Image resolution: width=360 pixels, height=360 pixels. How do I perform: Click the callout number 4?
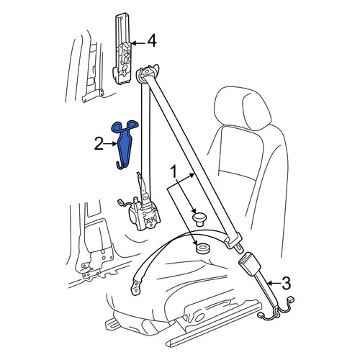pyautogui.click(x=152, y=40)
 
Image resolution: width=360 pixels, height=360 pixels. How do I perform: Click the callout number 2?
pyautogui.click(x=99, y=144)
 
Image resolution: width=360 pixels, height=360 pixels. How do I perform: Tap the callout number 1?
pyautogui.click(x=174, y=172)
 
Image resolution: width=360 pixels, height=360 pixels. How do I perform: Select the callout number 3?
pyautogui.click(x=286, y=283)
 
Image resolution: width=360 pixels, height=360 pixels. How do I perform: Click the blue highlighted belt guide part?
pyautogui.click(x=125, y=144)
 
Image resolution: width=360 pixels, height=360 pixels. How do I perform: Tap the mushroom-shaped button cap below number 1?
pyautogui.click(x=199, y=219)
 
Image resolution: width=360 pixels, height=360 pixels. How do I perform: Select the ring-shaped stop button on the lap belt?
pyautogui.click(x=202, y=248)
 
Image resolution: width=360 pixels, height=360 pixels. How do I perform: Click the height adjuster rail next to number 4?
pyautogui.click(x=122, y=49)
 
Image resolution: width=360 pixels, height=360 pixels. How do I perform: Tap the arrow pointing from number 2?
pyautogui.click(x=110, y=144)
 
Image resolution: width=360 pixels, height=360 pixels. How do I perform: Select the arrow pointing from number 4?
pyautogui.click(x=138, y=43)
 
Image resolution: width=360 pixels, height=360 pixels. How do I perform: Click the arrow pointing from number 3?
pyautogui.click(x=274, y=284)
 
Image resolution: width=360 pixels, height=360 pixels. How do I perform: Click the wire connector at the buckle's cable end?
pyautogui.click(x=291, y=300)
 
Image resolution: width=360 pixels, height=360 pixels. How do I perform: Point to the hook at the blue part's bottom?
pyautogui.click(x=121, y=165)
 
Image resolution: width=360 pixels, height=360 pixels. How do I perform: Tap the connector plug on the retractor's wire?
pyautogui.click(x=120, y=202)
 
